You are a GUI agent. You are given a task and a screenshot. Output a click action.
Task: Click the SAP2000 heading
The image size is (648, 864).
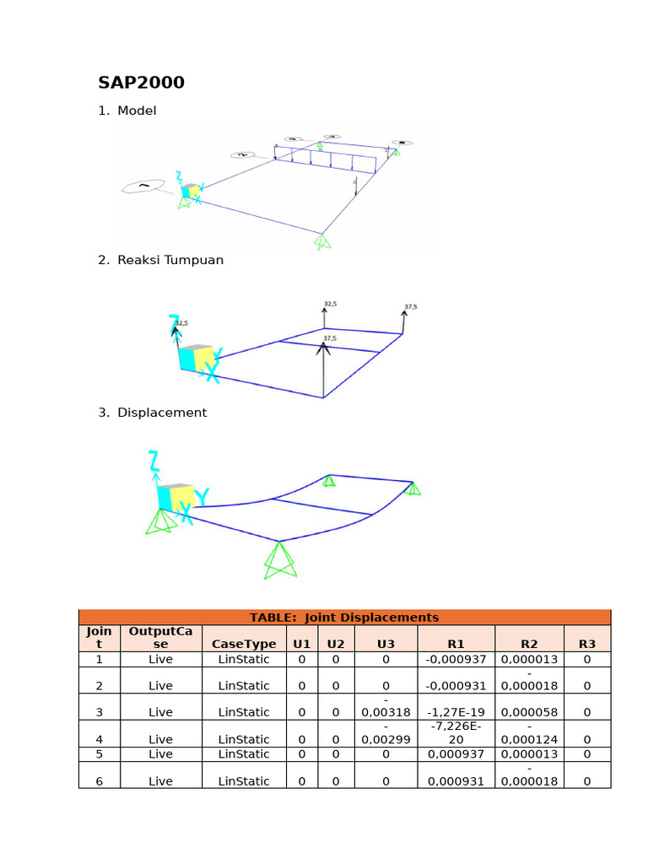point(141,83)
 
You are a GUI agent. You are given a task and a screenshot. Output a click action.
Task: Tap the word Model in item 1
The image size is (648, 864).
point(137,111)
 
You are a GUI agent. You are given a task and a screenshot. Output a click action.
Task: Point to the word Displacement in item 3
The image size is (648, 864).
point(162,413)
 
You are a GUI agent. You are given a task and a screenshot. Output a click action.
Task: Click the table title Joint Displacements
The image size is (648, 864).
point(344,617)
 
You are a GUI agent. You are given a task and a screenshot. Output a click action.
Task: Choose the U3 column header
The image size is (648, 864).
point(386,644)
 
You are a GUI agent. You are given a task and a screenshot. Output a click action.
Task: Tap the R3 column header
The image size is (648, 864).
point(586,644)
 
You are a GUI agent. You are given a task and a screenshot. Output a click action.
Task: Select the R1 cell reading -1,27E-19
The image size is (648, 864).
point(456,712)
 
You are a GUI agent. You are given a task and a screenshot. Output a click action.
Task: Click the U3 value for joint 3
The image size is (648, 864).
point(386,706)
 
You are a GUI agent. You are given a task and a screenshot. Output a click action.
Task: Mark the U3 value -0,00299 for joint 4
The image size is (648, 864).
point(386,733)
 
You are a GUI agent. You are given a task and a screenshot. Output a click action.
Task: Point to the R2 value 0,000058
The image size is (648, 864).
point(529,712)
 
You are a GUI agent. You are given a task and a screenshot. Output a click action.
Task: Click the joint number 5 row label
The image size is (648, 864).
point(99,753)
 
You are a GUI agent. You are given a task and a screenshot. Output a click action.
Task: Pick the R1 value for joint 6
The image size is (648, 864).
point(456,781)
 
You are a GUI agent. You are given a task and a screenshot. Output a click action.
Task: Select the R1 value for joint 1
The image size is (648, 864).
point(456,659)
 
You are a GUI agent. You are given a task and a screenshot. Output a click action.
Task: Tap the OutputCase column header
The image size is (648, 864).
point(160,637)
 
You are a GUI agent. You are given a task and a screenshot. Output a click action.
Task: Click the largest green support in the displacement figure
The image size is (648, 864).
point(279,559)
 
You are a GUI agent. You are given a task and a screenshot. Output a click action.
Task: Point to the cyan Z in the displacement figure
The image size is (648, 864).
point(154,461)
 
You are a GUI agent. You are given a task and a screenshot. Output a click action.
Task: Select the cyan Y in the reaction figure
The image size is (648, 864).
point(218,355)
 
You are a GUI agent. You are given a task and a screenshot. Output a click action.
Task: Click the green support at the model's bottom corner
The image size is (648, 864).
point(321,241)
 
